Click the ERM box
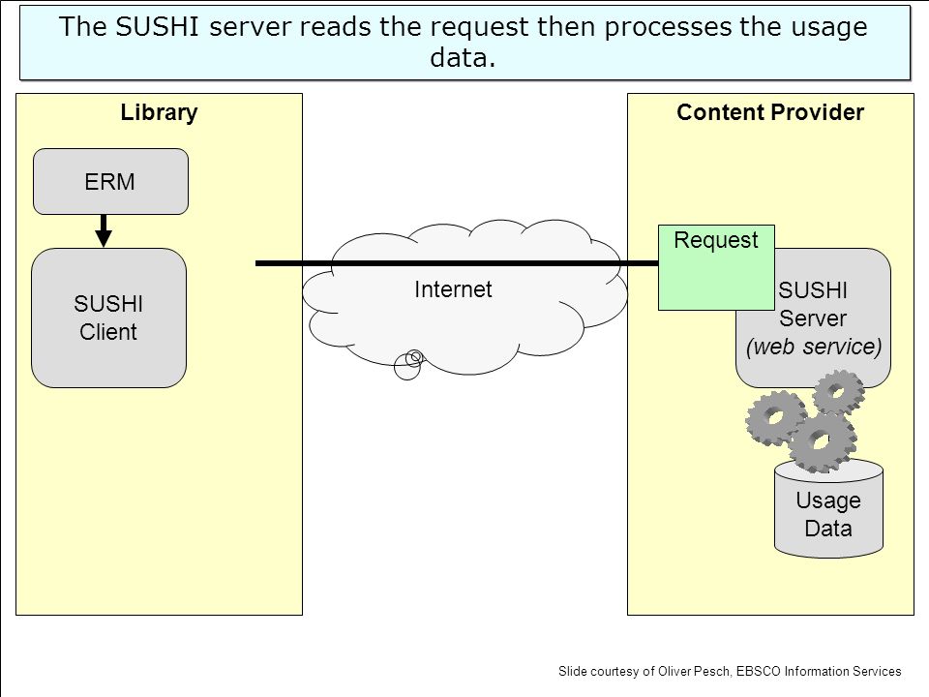pos(110,181)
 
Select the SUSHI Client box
pos(109,318)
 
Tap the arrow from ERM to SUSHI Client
pos(104,230)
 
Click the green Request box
pos(716,267)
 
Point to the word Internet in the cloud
pos(453,289)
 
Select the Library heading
pos(159,112)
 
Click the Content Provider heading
pos(770,112)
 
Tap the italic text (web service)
pos(814,347)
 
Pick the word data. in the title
pos(463,57)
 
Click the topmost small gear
pos(838,391)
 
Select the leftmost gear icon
pos(775,418)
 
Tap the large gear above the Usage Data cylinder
pos(823,441)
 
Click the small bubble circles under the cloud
pos(408,364)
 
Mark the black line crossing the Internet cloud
pos(457,263)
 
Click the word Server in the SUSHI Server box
pos(812,318)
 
